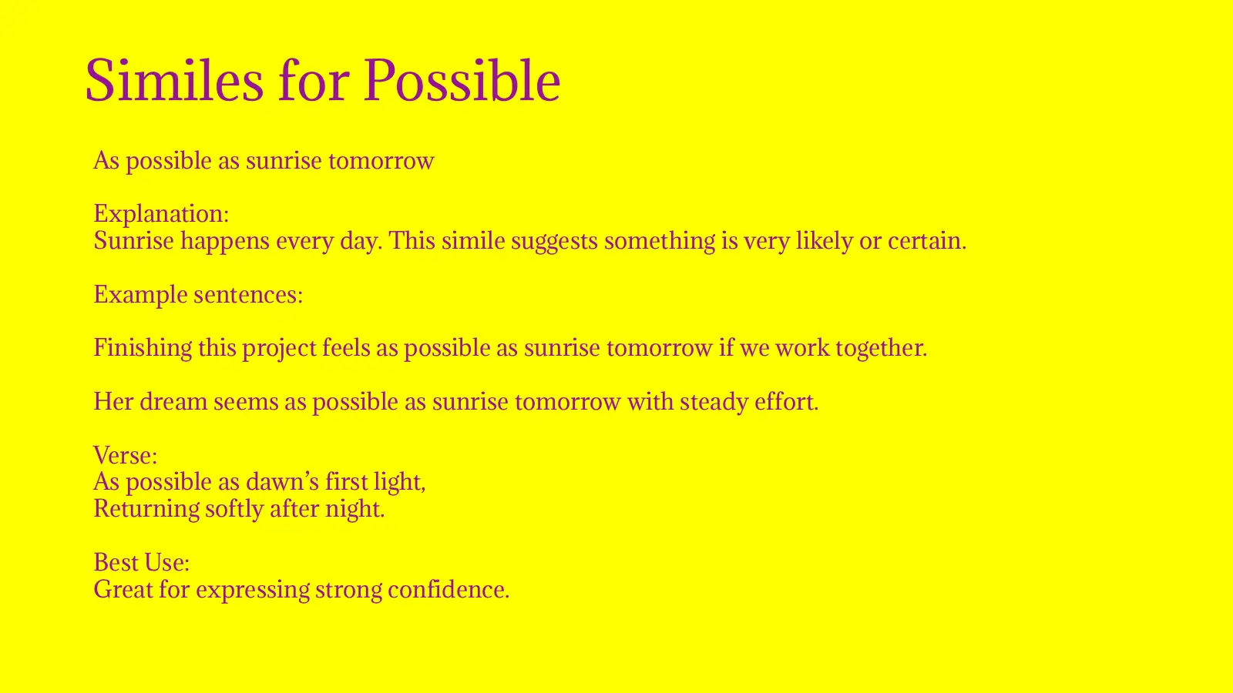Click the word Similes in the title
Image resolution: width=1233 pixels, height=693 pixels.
coord(173,80)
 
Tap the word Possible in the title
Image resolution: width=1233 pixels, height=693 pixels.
coord(462,80)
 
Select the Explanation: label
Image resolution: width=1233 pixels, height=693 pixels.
coord(161,213)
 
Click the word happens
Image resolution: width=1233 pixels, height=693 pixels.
coord(225,241)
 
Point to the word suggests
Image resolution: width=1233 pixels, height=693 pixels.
coord(554,241)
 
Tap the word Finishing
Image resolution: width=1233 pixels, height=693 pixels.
coord(143,348)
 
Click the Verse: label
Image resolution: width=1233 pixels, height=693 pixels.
coord(125,455)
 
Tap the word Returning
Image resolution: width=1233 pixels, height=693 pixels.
coord(146,509)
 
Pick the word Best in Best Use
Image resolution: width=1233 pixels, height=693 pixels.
coord(111,562)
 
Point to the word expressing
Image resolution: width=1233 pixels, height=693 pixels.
coord(252,590)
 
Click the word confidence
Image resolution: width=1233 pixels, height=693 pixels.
coord(448,590)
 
